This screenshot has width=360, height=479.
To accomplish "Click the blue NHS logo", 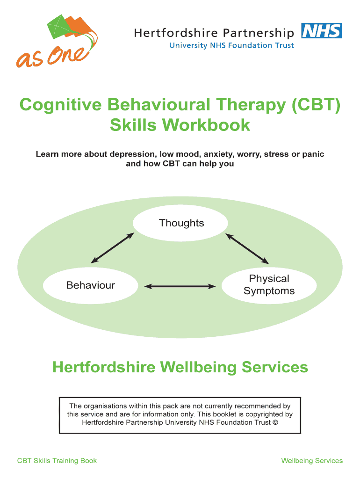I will click(x=321, y=31).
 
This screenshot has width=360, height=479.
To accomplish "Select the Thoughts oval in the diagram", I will click(x=181, y=223).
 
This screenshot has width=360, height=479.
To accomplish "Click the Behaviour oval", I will click(x=91, y=285).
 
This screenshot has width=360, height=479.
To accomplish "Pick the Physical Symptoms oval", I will click(x=269, y=285).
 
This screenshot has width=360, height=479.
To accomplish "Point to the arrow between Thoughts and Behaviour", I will click(x=112, y=248).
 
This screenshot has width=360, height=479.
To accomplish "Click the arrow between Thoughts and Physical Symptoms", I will click(x=248, y=248).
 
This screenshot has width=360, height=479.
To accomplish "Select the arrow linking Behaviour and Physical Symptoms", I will click(x=180, y=286).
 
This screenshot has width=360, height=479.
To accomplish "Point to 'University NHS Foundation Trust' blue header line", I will click(x=231, y=45).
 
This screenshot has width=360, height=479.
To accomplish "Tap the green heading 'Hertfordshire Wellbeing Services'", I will click(x=180, y=367).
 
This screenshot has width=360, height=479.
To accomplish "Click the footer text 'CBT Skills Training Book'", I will click(x=57, y=461).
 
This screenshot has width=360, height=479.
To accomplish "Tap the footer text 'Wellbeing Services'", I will click(x=312, y=461).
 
